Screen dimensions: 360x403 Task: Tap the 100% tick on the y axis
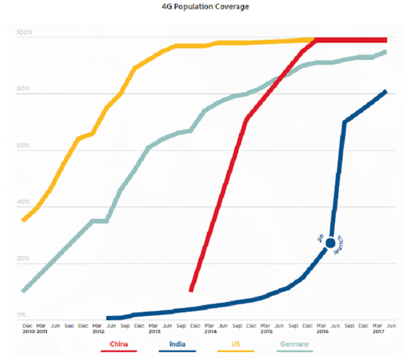click(25, 32)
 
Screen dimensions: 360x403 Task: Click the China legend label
click(118, 343)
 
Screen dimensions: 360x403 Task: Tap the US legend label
click(235, 343)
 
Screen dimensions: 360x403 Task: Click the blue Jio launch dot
click(330, 243)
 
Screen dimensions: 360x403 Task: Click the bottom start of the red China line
click(191, 291)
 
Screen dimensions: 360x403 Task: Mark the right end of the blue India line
click(386, 91)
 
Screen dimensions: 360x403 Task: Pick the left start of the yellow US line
click(23, 221)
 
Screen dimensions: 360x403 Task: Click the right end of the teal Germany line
click(386, 51)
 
